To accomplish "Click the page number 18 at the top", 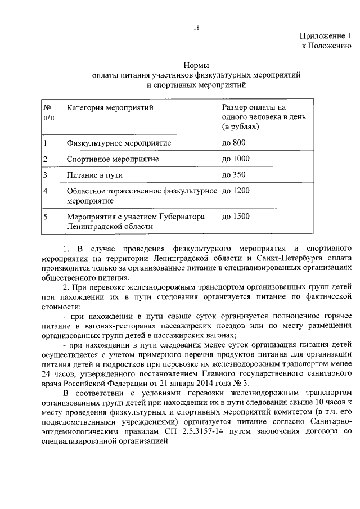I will coord(196,26).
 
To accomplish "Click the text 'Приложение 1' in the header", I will coord(325,37).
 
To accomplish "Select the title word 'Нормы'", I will coord(196,65).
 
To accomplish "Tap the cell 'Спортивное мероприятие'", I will coord(112,159).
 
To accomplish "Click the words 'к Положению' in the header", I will coord(327,46).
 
